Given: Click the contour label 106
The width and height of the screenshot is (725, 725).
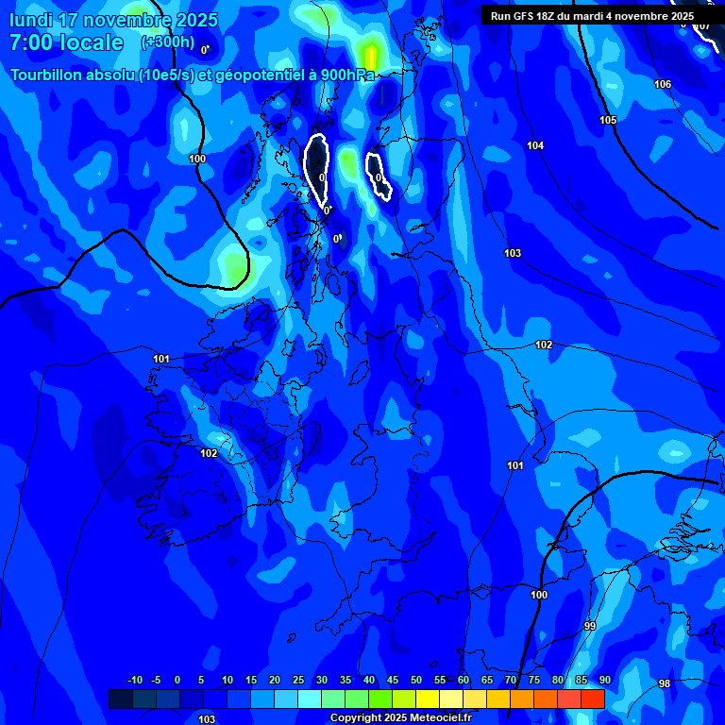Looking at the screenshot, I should point(663,85).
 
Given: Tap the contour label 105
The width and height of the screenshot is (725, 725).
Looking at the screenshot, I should point(608,120).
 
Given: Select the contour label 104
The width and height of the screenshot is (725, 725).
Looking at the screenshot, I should point(535,145).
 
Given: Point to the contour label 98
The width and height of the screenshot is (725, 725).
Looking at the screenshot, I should point(665,683).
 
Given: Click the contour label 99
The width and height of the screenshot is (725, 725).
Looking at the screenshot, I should point(590,627).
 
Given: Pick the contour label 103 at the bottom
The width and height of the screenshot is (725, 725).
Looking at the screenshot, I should point(207,719).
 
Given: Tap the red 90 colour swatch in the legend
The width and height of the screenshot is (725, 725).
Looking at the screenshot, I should point(593,699).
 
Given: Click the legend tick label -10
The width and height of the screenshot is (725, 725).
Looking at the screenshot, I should point(134,681).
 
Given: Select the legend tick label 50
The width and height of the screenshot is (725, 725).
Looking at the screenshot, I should point(416,681).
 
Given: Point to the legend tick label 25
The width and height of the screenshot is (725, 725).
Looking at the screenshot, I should point(298,681).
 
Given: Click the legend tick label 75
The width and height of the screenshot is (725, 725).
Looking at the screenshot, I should point(534,681).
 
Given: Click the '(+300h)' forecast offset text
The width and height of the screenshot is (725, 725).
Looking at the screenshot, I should point(167,42).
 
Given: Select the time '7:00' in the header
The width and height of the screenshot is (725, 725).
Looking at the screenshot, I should point(32,42).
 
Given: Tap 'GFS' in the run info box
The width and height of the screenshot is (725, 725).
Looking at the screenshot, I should point(526,16).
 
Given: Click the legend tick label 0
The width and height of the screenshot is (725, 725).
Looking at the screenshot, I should point(177,681).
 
